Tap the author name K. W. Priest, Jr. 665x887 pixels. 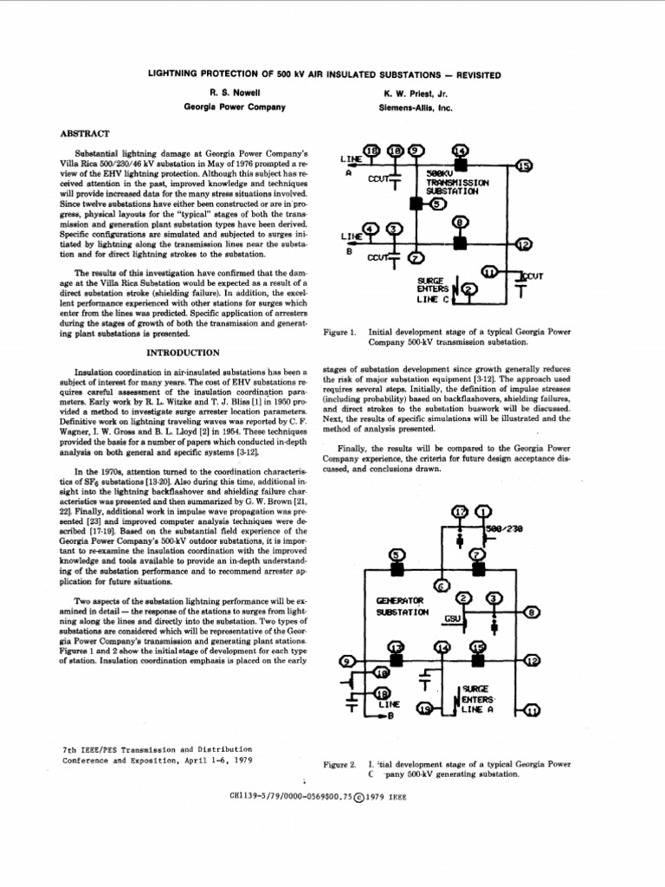[x=415, y=91]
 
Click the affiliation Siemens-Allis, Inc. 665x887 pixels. [x=416, y=108]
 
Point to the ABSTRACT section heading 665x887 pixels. [x=84, y=133]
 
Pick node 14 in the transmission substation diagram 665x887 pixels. [x=460, y=150]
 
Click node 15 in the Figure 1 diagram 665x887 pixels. [x=524, y=165]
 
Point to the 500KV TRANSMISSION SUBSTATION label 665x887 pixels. [x=458, y=184]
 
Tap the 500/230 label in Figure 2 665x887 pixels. [x=505, y=528]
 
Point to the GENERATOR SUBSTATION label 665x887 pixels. [x=402, y=605]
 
